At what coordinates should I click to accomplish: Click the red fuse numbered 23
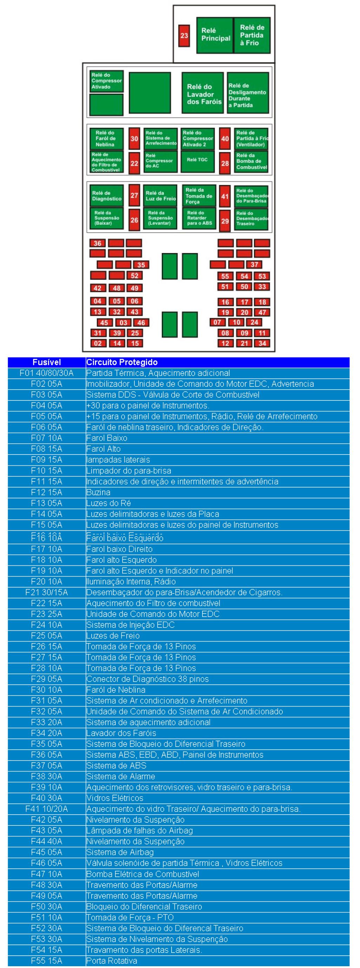(x=184, y=36)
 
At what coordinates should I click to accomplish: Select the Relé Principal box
(x=215, y=35)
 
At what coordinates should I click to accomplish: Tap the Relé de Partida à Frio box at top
(x=252, y=35)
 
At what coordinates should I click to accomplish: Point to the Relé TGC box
(x=198, y=161)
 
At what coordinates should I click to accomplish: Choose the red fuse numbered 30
(x=134, y=139)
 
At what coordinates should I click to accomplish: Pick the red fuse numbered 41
(x=225, y=196)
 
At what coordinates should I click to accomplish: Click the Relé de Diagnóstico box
(x=107, y=196)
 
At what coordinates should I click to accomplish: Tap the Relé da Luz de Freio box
(x=160, y=196)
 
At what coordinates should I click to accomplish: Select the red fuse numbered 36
(x=98, y=243)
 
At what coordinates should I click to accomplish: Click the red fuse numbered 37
(x=254, y=265)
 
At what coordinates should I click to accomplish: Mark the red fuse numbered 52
(x=134, y=276)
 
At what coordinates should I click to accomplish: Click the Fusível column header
(x=47, y=362)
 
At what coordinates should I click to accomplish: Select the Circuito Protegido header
(x=122, y=362)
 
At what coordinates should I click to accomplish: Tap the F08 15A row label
(x=47, y=449)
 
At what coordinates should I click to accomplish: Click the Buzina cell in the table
(x=99, y=492)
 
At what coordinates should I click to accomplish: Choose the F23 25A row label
(x=47, y=614)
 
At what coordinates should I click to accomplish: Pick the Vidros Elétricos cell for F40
(x=115, y=798)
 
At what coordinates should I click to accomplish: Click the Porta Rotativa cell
(x=111, y=961)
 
